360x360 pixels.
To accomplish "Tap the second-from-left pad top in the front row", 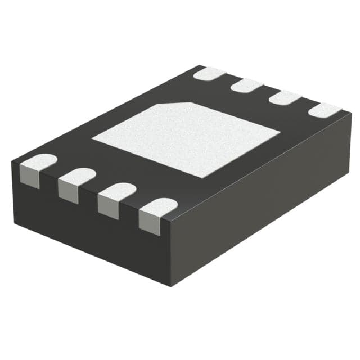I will (77, 175).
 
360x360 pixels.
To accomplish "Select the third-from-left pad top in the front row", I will (116, 191).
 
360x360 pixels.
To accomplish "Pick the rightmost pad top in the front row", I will (158, 207).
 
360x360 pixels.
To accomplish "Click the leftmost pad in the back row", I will (209, 73).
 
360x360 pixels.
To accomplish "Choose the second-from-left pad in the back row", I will (247, 85).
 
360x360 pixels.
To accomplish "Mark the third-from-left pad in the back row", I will (285, 97).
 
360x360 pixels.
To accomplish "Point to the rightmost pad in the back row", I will (325, 110).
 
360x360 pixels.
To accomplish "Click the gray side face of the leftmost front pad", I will (29, 177).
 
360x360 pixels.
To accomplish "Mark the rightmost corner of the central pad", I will (280, 133).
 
